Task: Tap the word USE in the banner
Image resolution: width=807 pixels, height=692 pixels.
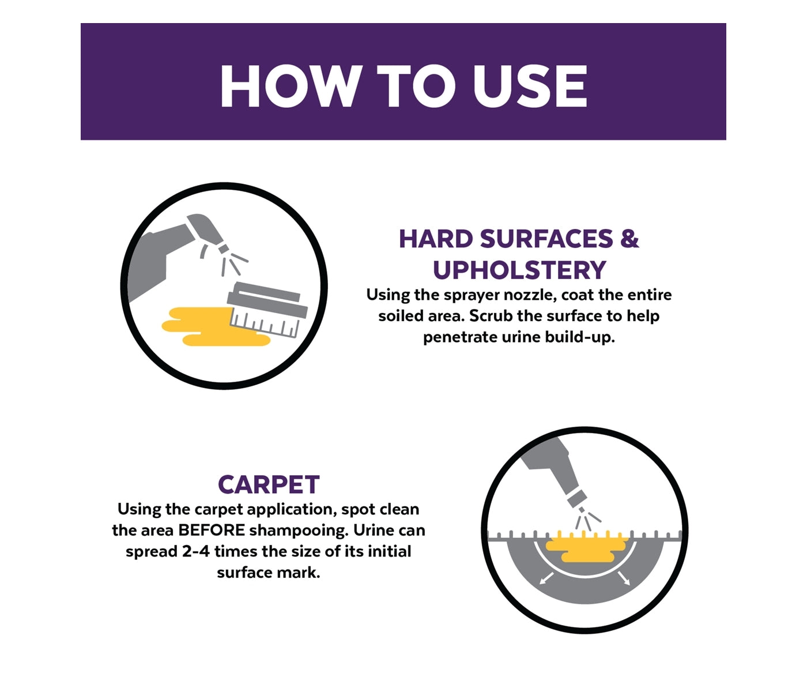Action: click(x=530, y=86)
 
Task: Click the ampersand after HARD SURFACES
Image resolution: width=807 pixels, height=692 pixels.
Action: click(x=629, y=238)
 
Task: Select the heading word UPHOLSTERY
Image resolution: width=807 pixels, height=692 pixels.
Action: click(x=519, y=270)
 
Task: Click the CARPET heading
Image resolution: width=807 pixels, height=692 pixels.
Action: click(x=269, y=484)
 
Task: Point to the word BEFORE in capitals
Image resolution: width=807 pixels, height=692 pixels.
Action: click(x=212, y=531)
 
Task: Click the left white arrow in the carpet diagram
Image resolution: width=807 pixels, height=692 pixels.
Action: click(x=546, y=578)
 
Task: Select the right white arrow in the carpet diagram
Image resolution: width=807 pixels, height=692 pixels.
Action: click(x=624, y=578)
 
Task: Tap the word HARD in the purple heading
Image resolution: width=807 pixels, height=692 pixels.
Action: click(x=436, y=238)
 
